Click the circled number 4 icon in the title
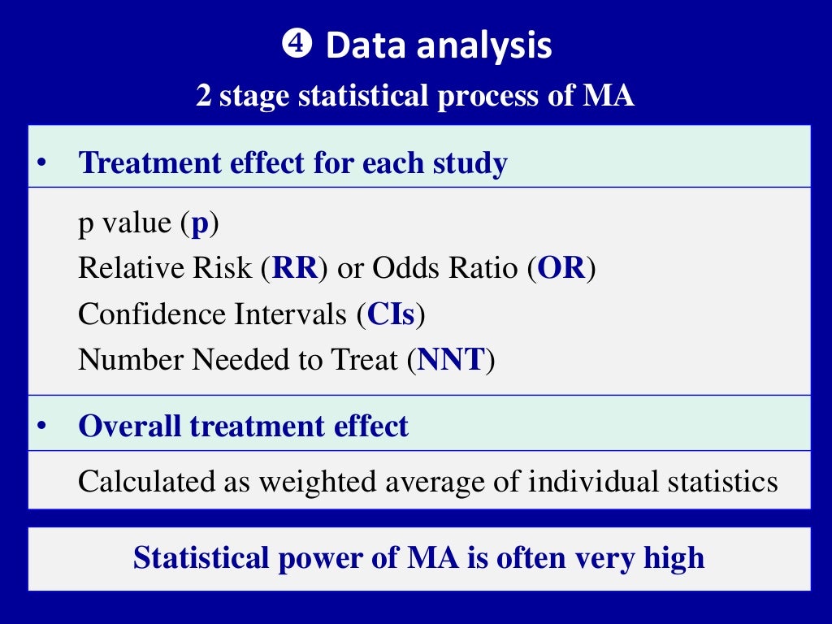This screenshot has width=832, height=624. point(297,45)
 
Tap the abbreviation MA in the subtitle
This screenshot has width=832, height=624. point(609,97)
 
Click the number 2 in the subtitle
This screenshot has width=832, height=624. point(203,97)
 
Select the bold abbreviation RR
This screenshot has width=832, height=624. point(294,269)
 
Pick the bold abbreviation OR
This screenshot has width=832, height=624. point(561,269)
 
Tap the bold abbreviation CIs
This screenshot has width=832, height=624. point(392,314)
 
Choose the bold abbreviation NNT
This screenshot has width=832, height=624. point(451,359)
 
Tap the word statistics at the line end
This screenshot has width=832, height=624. point(722,482)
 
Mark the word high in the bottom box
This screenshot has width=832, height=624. point(674,558)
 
